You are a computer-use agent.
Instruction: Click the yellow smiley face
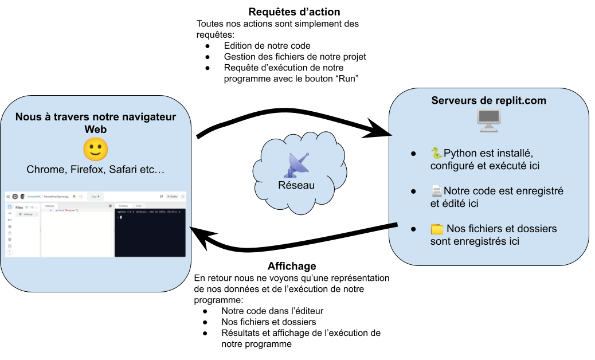pyautogui.click(x=96, y=150)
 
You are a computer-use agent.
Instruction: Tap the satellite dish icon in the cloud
pyautogui.click(x=296, y=165)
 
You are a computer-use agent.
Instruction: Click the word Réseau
pyautogui.click(x=296, y=185)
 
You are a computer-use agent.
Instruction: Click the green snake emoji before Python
pyautogui.click(x=437, y=153)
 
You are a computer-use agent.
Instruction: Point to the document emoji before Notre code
pyautogui.click(x=437, y=191)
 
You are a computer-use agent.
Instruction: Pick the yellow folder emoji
pyautogui.click(x=437, y=229)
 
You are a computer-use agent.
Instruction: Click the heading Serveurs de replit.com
pyautogui.click(x=488, y=101)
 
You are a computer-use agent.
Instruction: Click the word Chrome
pyautogui.click(x=45, y=170)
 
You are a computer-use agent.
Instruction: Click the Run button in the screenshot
pyautogui.click(x=95, y=196)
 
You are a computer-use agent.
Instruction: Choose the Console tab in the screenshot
pyautogui.click(x=123, y=205)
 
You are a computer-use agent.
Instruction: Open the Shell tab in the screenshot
pyautogui.click(x=138, y=205)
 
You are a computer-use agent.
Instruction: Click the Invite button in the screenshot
pyautogui.click(x=172, y=196)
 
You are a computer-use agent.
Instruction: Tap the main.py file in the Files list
pyautogui.click(x=27, y=214)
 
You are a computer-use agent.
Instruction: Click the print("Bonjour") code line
pyautogui.click(x=66, y=210)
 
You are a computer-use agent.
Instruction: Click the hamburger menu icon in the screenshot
pyautogui.click(x=8, y=196)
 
